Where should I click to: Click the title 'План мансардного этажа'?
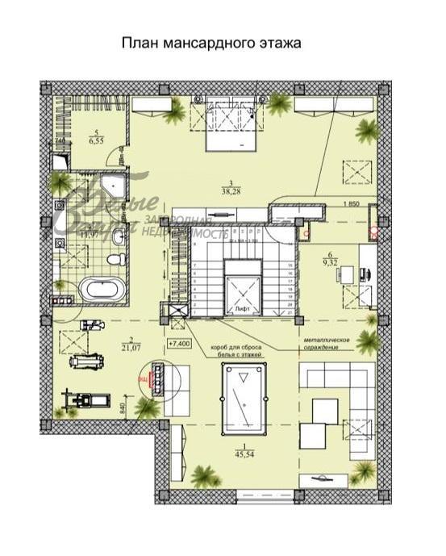210,43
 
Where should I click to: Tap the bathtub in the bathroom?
102,289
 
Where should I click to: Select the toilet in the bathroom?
115,260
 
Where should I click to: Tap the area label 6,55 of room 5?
95,138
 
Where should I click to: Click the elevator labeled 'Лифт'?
241,292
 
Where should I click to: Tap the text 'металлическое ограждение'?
327,344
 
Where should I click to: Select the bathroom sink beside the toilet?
119,236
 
